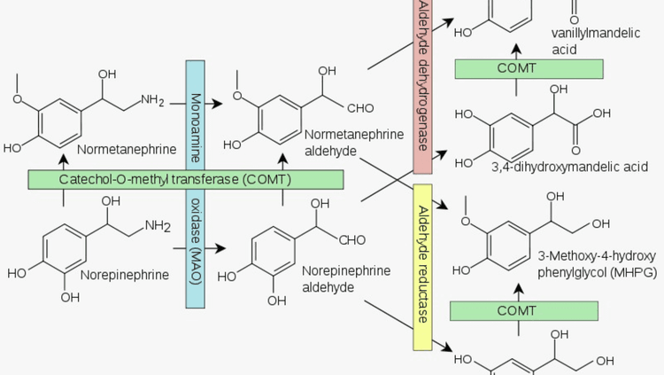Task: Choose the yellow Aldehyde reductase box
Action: (421, 266)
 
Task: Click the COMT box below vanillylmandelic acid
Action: (528, 69)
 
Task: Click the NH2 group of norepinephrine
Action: (156, 225)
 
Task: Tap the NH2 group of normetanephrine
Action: (151, 100)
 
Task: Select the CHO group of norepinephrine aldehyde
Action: (351, 238)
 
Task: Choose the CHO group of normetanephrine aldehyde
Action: (360, 109)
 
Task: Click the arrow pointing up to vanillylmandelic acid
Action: (528, 45)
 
